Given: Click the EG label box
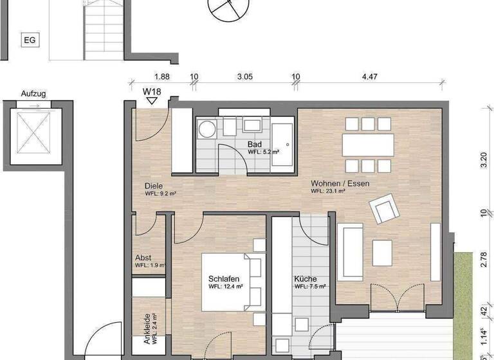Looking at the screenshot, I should point(30,40).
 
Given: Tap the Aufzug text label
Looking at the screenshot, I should point(33,93).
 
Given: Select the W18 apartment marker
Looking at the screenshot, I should point(151,92).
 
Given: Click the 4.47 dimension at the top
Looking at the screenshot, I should point(369,77).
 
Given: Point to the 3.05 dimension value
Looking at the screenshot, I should point(244,77).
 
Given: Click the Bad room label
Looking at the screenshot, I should point(254,145).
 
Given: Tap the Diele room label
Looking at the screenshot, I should point(154,186).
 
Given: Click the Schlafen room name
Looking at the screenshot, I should point(224,278).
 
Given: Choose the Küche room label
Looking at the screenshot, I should point(305,279).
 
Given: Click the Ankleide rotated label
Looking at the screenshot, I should point(147,329).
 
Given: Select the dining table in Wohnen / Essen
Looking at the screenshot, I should point(368,144).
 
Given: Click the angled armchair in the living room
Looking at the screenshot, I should point(383,208).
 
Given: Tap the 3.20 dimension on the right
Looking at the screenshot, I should point(483,159).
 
